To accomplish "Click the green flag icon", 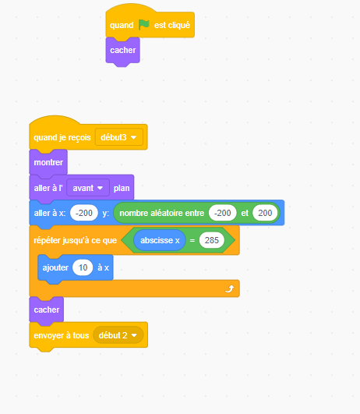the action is click(x=144, y=24).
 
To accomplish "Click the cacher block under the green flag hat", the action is click(x=123, y=51).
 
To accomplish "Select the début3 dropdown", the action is click(x=119, y=137).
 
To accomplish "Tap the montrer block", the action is click(x=48, y=162).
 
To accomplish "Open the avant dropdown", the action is click(x=88, y=188).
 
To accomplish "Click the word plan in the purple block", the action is click(x=122, y=188).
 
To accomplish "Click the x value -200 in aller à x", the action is click(x=84, y=213).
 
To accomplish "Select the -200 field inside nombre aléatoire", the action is click(x=223, y=213).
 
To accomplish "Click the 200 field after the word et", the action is click(x=265, y=213).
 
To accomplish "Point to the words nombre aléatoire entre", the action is click(x=162, y=213).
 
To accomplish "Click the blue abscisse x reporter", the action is click(x=160, y=240).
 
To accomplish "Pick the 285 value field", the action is click(x=212, y=240).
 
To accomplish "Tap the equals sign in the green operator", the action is click(x=192, y=241).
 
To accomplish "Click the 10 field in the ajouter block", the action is click(x=83, y=267).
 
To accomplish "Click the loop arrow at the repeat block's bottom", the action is click(x=229, y=288).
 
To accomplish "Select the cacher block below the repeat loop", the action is click(x=47, y=310).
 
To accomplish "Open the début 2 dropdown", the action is click(x=118, y=335).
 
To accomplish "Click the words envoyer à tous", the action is click(x=62, y=335).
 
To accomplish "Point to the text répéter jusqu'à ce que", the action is click(x=76, y=241).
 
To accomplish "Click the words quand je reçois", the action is click(x=62, y=137).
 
